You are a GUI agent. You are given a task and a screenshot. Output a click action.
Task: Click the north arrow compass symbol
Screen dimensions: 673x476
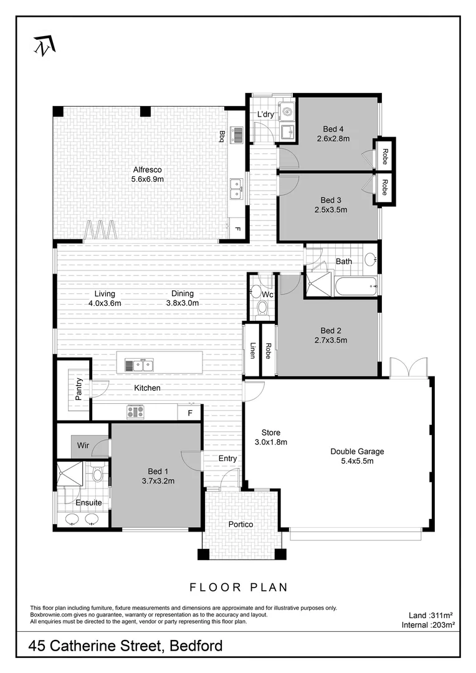[x=44, y=45]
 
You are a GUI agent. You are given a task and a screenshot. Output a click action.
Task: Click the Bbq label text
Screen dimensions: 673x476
[x=222, y=136]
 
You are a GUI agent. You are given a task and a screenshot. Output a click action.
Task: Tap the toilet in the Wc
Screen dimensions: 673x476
[x=261, y=307]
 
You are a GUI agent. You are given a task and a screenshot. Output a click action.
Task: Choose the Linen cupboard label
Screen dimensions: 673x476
[x=252, y=351]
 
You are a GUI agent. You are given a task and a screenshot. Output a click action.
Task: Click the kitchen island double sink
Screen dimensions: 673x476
[x=139, y=365]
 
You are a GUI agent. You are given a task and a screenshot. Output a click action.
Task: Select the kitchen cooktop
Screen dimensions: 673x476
[x=136, y=412]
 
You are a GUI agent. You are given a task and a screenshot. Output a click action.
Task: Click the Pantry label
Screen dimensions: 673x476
[x=79, y=389]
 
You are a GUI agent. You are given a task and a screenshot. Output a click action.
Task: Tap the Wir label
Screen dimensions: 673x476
[x=83, y=446]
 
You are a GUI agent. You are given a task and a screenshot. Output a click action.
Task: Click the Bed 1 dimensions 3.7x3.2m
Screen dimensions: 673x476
[x=156, y=480]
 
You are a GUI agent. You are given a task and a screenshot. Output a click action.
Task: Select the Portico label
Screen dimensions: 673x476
[x=240, y=525]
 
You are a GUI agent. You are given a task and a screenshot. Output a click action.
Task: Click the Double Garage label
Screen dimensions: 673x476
[x=357, y=452]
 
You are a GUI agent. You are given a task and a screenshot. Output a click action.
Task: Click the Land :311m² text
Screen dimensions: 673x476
[x=424, y=614]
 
